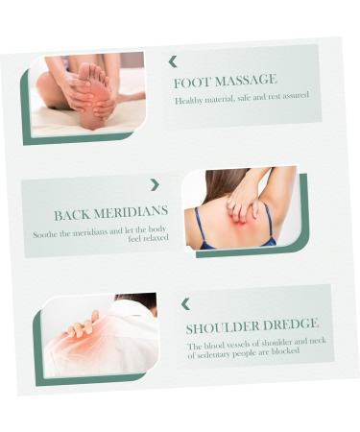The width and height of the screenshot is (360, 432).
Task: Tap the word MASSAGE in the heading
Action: tap(243, 80)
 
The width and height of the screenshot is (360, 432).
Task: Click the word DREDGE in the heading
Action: tap(291, 325)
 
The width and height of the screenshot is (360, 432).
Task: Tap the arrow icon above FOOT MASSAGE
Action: tap(173, 61)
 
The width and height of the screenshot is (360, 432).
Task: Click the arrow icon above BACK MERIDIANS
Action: tap(155, 184)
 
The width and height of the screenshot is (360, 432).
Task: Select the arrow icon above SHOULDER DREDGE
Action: tap(185, 304)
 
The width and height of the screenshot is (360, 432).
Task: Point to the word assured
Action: tap(295, 94)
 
